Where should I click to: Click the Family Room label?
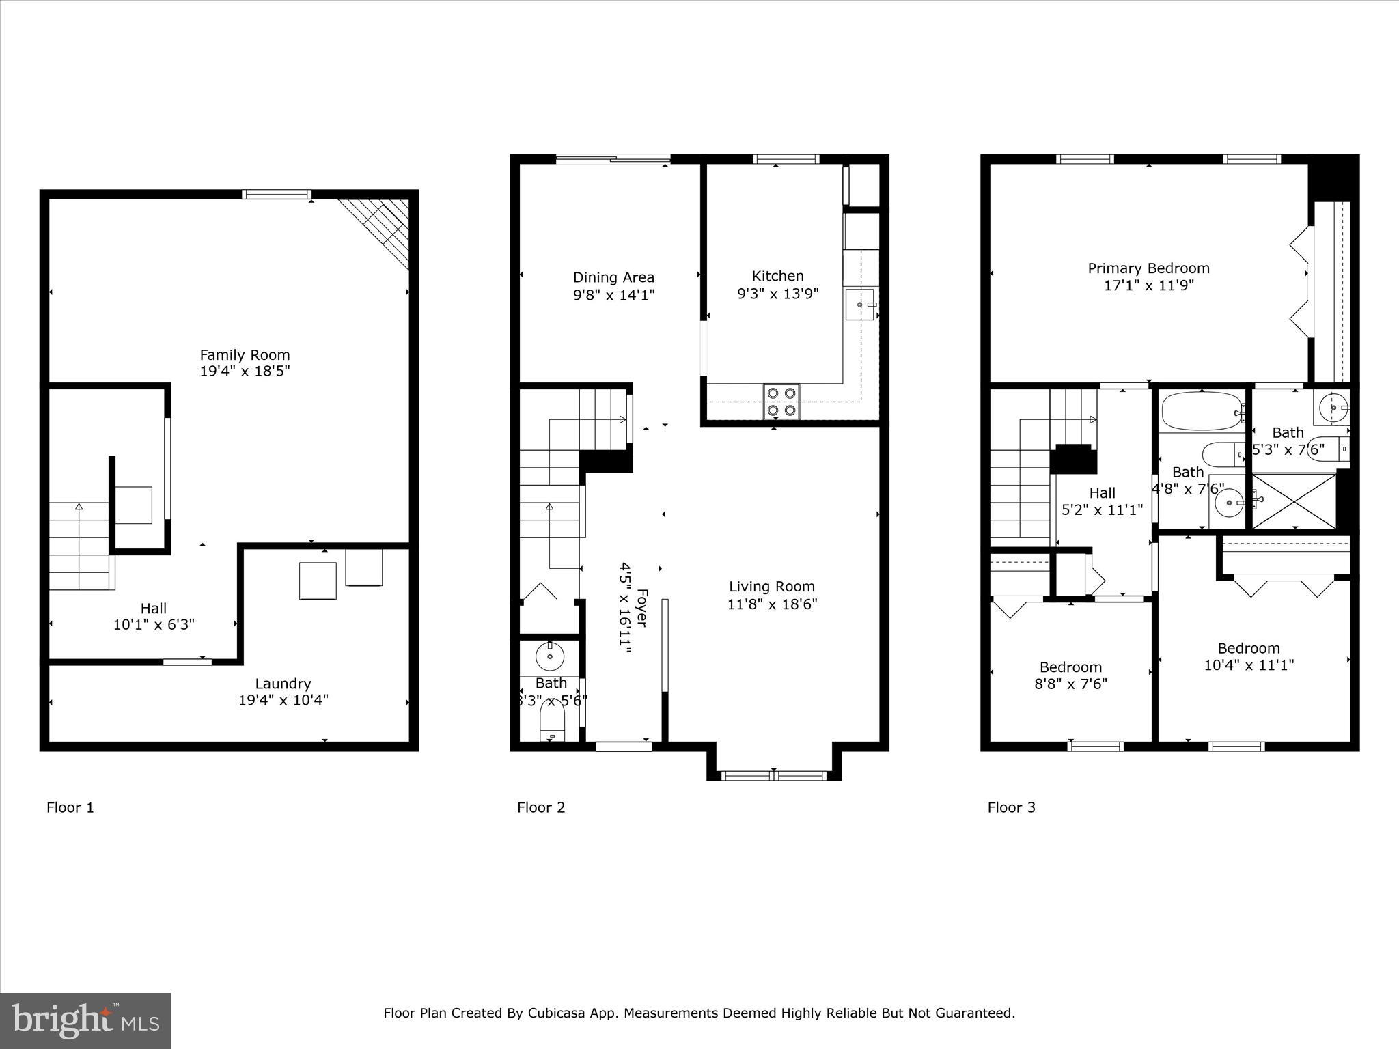point(245,355)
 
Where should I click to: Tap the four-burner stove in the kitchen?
point(781,402)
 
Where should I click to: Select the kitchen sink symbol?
point(860,305)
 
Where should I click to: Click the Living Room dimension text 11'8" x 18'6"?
point(772,604)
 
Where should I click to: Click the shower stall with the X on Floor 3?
point(1293,501)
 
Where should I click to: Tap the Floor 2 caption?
point(540,807)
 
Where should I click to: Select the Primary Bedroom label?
point(1148,268)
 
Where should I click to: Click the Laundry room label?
point(283,684)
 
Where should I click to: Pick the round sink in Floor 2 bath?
point(549,657)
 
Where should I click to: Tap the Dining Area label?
point(613,277)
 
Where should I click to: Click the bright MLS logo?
point(85,1021)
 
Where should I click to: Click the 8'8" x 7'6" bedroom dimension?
point(1070,684)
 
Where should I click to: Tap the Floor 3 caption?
point(1011,807)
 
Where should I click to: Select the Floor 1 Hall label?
point(154,608)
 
